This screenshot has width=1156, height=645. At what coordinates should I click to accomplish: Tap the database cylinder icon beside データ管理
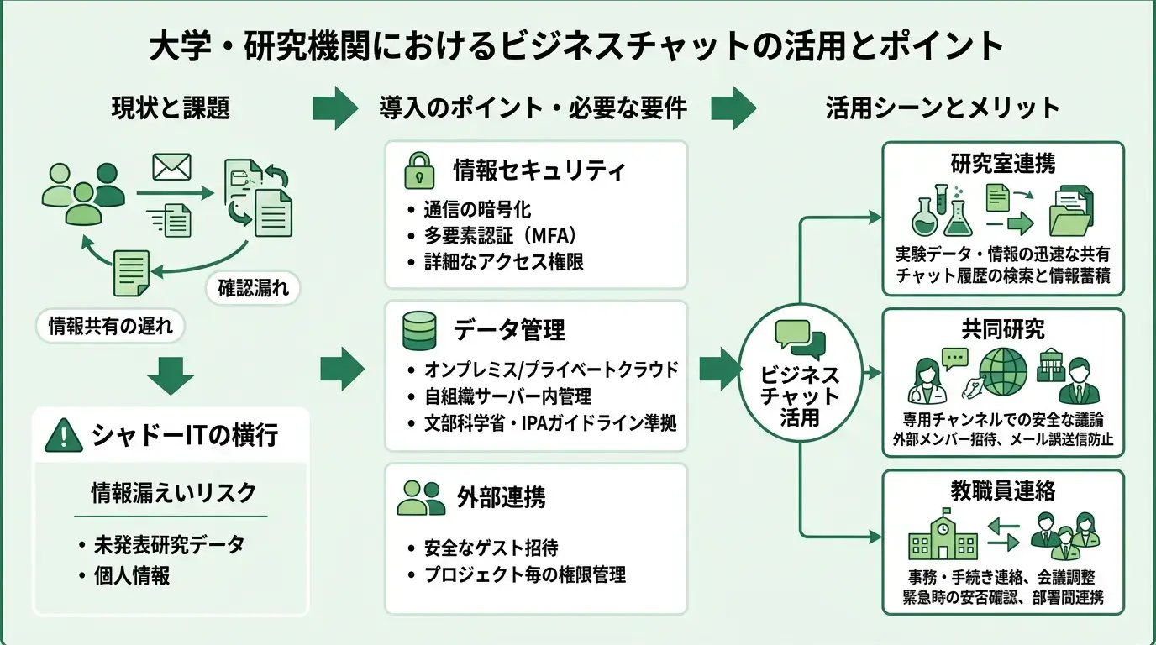point(419,331)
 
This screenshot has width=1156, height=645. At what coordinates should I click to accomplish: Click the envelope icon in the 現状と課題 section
point(171,168)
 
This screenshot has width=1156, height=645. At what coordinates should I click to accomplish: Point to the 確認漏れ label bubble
point(253,289)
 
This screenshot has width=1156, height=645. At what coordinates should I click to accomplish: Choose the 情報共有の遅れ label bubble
point(110,327)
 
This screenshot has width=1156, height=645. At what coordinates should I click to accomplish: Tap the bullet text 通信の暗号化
point(477,210)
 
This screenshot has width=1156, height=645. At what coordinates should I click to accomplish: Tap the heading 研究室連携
point(1003,163)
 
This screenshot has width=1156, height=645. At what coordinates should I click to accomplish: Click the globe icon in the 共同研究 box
point(1002,373)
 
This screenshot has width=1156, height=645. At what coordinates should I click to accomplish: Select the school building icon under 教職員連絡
point(943,535)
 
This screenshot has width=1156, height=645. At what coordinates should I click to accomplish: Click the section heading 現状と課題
point(170,108)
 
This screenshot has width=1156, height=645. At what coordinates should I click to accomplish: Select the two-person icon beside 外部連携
point(421,497)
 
